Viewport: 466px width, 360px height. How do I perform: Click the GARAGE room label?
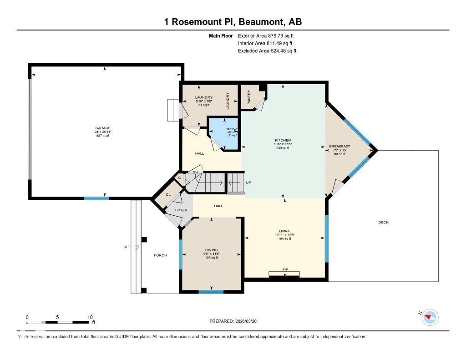tap(103, 128)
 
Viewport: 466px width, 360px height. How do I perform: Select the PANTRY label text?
tap(249, 97)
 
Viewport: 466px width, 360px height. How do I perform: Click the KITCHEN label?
tap(283, 140)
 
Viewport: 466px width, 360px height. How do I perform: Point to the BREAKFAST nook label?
tap(339, 147)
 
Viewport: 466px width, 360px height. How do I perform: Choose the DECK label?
tap(384, 222)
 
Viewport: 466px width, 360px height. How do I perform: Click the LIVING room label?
tap(285, 231)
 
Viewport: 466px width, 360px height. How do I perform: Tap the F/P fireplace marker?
tap(285, 270)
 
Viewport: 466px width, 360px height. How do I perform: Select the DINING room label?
tap(211, 250)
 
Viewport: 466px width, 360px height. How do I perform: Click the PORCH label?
tap(160, 255)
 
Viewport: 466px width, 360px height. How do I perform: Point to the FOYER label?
tap(182, 210)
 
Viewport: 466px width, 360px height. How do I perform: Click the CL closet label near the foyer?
tap(168, 194)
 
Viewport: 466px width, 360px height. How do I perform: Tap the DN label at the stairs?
tap(195, 172)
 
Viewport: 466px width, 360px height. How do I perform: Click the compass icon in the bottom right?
tap(430, 317)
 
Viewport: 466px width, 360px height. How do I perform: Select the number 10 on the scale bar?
tap(90, 317)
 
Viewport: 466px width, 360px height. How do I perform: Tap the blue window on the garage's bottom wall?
tap(96, 198)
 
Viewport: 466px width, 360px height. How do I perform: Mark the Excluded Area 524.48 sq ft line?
tap(267, 51)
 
